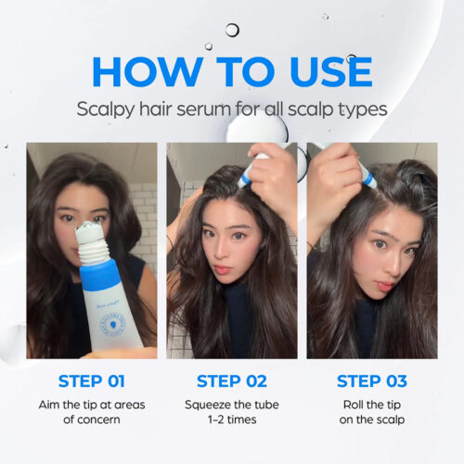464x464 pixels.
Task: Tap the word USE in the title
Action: (320, 71)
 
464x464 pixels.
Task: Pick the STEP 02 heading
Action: (231, 380)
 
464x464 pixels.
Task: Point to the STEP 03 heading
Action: (371, 380)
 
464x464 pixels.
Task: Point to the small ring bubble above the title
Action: (232, 30)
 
